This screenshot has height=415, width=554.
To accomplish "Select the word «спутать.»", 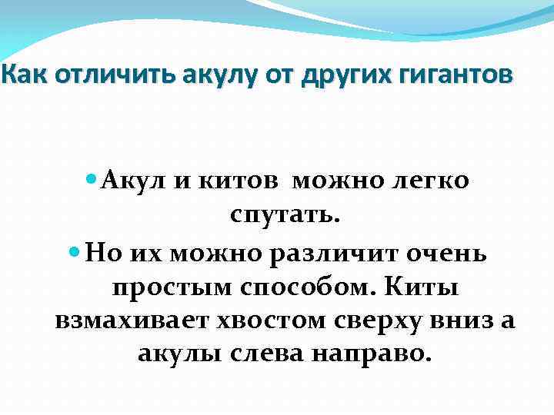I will [x=285, y=216].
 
